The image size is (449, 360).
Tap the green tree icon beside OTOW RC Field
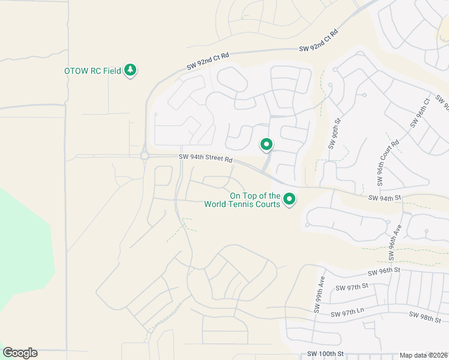tap(130, 71)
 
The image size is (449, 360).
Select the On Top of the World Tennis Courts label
tap(242, 200)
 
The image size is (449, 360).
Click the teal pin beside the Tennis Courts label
tap(289, 199)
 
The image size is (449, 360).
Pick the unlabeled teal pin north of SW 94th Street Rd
tap(266, 145)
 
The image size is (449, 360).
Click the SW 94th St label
tap(384, 198)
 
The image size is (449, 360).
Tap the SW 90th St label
tap(334, 133)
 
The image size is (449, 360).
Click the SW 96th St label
tap(384, 271)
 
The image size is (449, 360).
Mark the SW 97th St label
tap(352, 287)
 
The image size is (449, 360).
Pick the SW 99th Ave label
tap(319, 295)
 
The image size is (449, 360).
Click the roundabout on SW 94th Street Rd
tap(144, 156)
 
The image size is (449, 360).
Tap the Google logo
tap(20, 353)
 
